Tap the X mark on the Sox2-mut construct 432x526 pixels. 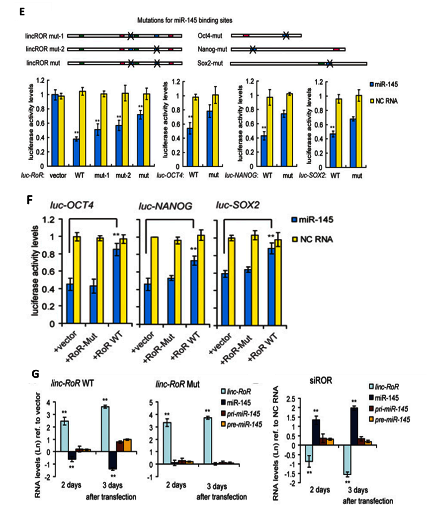pyautogui.click(x=329, y=63)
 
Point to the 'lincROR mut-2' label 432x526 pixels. pyautogui.click(x=45, y=50)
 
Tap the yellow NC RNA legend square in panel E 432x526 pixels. pyautogui.click(x=372, y=100)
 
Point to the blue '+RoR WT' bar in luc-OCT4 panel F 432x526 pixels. pyautogui.click(x=117, y=286)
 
